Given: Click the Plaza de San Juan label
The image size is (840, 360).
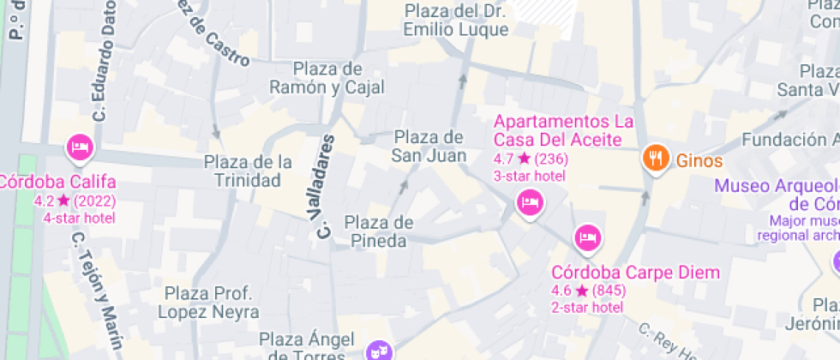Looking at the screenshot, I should pyautogui.click(x=429, y=147).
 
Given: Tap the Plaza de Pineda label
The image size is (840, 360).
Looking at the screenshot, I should pyautogui.click(x=379, y=232).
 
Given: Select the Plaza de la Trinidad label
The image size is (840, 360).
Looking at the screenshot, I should pyautogui.click(x=249, y=171).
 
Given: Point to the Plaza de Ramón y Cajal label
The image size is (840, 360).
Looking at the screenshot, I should pyautogui.click(x=327, y=78).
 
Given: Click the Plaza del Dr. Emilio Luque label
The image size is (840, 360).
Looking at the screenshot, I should pyautogui.click(x=457, y=21).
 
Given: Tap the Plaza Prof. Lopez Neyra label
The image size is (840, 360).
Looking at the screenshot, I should pyautogui.click(x=210, y=301).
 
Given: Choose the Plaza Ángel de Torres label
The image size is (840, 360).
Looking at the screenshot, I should pyautogui.click(x=307, y=346).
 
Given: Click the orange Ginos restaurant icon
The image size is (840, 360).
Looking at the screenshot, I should pyautogui.click(x=657, y=158).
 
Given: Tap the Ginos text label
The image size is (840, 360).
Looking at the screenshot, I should pyautogui.click(x=699, y=160).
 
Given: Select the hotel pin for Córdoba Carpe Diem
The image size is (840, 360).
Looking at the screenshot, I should pyautogui.click(x=587, y=235).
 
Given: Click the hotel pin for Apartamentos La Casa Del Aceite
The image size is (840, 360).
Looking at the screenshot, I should pyautogui.click(x=528, y=202).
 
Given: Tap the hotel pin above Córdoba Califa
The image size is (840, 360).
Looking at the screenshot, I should pyautogui.click(x=80, y=147).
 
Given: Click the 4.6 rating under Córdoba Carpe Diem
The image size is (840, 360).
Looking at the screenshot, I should pyautogui.click(x=562, y=290).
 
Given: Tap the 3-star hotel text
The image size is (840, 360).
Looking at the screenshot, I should pyautogui.click(x=530, y=175).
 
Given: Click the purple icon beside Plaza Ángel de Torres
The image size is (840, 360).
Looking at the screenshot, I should pyautogui.click(x=377, y=350).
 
